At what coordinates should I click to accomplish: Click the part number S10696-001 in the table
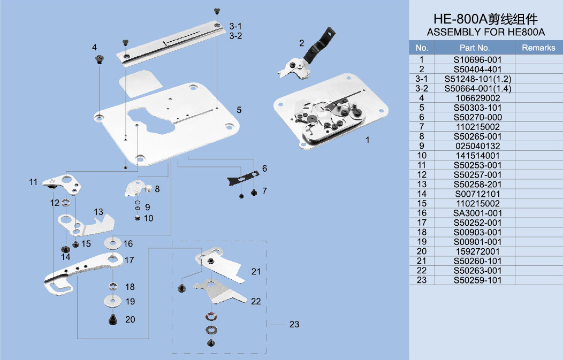point(477,60)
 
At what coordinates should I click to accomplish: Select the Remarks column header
point(538,48)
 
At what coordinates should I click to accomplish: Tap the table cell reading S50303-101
point(477,108)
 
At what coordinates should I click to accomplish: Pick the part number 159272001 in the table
point(477,251)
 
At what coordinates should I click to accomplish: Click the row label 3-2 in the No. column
point(422,88)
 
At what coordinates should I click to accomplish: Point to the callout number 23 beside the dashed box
point(294,324)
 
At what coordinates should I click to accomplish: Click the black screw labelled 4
point(98,59)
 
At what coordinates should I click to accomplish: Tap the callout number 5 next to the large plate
point(239,110)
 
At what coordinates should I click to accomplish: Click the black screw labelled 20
point(113,320)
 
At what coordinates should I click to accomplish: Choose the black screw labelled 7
point(254,192)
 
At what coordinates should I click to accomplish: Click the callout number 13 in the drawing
point(98,212)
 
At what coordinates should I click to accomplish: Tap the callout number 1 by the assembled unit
point(368,140)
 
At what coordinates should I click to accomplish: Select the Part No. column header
point(475,48)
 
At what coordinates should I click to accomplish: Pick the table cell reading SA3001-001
point(477,213)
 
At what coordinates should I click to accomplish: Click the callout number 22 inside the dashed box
point(256,301)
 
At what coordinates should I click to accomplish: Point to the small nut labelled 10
point(137,218)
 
